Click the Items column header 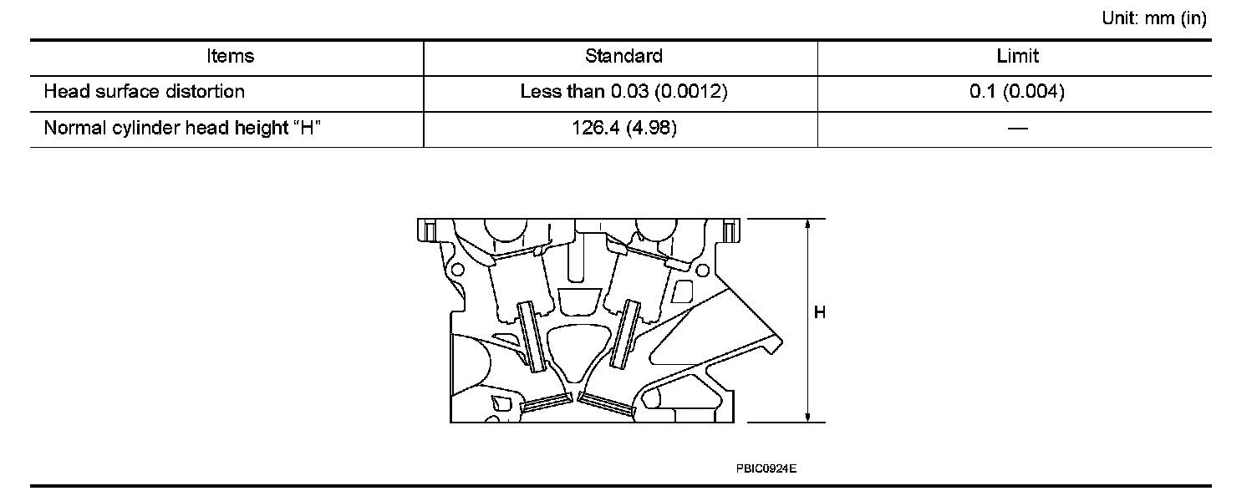point(230,56)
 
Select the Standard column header point(623,56)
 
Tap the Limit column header point(1018,56)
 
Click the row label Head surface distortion point(145,92)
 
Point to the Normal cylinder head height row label point(183,129)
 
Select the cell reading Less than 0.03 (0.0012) point(623,92)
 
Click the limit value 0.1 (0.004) point(1017,92)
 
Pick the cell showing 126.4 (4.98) point(623,129)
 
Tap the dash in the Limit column point(1017,129)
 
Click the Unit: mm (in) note point(1154,19)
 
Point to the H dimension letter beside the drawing point(820,313)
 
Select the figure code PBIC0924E point(766,468)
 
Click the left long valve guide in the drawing point(532,336)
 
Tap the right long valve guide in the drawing point(625,334)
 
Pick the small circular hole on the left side point(455,271)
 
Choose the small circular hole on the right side point(702,270)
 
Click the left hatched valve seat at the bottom point(545,403)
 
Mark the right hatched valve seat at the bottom point(607,404)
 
